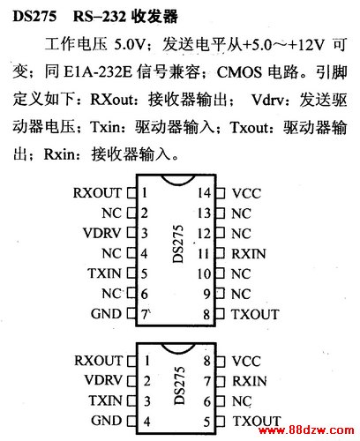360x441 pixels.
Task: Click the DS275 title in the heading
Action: (x=34, y=16)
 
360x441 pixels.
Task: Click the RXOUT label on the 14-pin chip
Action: (x=97, y=193)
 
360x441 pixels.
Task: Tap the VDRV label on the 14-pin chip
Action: (x=102, y=233)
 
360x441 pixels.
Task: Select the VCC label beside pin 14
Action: (x=246, y=193)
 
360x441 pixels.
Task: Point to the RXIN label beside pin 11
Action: (x=249, y=254)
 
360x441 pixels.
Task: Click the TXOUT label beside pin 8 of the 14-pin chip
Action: (x=255, y=314)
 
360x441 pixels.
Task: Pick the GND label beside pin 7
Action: (x=106, y=314)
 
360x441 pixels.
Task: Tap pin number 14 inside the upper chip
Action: (x=204, y=193)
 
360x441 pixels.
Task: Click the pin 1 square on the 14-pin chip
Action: (x=131, y=193)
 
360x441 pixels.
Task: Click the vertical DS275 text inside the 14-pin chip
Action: (x=178, y=243)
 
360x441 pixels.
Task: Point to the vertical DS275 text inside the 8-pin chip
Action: (x=179, y=385)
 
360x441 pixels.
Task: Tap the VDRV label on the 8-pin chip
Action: (x=103, y=380)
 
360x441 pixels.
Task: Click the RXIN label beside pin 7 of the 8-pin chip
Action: (x=250, y=381)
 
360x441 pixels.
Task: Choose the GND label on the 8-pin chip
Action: (x=107, y=421)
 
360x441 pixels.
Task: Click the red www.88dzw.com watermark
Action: (x=306, y=430)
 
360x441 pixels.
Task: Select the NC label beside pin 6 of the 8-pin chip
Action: (x=242, y=401)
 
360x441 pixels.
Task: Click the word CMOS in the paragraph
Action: (x=239, y=72)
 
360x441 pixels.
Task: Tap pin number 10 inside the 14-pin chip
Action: (x=204, y=274)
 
